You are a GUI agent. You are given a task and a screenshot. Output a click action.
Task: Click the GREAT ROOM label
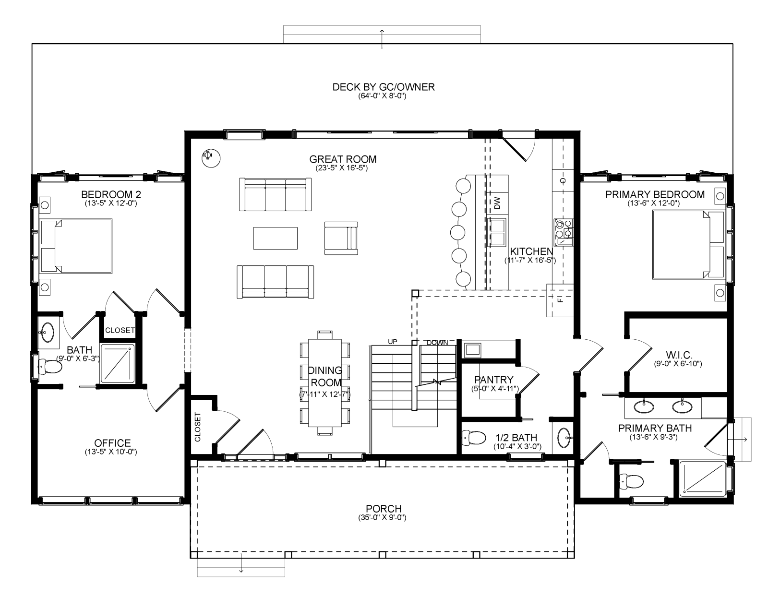(x=343, y=159)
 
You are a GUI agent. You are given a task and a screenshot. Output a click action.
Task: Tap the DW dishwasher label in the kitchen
(x=497, y=203)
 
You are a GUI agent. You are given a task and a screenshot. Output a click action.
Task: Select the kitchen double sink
(x=497, y=232)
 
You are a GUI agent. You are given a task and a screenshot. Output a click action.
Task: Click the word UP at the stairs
(x=393, y=342)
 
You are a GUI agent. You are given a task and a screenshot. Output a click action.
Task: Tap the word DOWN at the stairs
(x=437, y=342)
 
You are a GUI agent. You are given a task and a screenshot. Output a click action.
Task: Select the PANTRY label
(x=493, y=380)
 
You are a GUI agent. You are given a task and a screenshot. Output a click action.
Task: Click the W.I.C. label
(x=679, y=355)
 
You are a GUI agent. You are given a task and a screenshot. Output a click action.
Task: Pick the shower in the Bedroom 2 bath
(x=118, y=364)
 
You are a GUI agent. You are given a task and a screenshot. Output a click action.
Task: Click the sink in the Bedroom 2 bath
(x=46, y=332)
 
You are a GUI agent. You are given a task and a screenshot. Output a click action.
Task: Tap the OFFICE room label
(x=112, y=443)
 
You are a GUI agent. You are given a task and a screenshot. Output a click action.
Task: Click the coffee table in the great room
(x=276, y=238)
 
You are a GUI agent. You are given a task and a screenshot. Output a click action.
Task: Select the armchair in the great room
(x=341, y=238)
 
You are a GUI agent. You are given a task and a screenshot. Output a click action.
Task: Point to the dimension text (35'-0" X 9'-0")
(x=382, y=518)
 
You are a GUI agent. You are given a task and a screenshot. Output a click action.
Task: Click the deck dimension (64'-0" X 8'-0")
(x=383, y=96)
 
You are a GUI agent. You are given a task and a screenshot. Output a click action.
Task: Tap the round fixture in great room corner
(x=211, y=158)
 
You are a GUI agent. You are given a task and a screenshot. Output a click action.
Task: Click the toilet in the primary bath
(x=632, y=481)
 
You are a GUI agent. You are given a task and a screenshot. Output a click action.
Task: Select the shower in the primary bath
(x=703, y=479)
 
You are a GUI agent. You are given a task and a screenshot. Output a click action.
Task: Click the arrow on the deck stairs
(x=382, y=39)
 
